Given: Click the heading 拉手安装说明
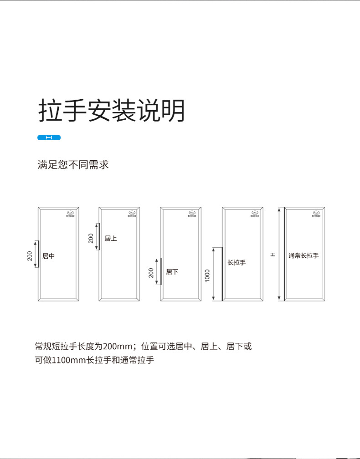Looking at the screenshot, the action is [x=112, y=111].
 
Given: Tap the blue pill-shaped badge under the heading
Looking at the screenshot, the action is [x=49, y=138].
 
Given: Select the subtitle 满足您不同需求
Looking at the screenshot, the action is [x=73, y=164].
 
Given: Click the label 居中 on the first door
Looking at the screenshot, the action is [x=48, y=256].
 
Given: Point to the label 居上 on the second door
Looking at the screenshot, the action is [x=111, y=238].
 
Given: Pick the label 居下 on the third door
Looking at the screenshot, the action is [x=172, y=272].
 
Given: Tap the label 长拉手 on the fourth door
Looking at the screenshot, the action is [x=237, y=263].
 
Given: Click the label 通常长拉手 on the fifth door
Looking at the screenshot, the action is [x=303, y=255].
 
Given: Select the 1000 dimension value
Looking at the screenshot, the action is [x=207, y=275].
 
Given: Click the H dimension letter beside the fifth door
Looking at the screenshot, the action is [x=273, y=254].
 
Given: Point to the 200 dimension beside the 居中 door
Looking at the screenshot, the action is [x=30, y=256].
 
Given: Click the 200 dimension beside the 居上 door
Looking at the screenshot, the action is [x=91, y=238].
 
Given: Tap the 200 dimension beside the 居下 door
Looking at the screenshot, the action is [x=151, y=272].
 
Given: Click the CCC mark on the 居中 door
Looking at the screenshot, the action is [x=71, y=213].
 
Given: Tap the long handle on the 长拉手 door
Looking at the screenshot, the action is [x=222, y=274].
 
